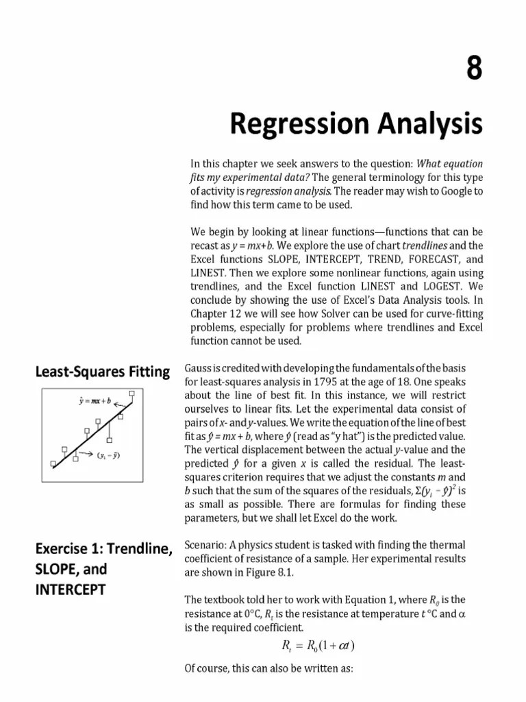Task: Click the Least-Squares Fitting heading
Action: (102, 372)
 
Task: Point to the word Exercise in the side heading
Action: (64, 549)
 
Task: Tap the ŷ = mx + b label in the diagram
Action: (95, 399)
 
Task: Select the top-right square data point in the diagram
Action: (132, 394)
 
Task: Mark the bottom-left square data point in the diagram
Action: (53, 464)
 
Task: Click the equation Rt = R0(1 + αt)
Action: (318, 645)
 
